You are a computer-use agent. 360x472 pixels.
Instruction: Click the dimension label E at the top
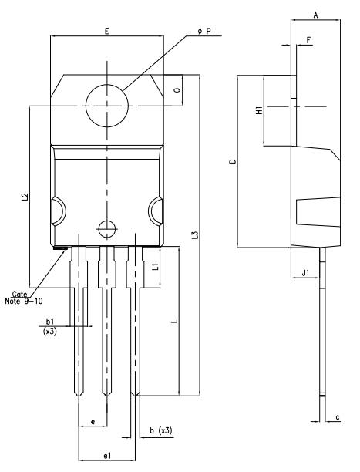coord(106,31)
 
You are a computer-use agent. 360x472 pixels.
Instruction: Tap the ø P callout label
coord(205,31)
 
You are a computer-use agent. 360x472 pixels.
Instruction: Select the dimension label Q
coord(177,90)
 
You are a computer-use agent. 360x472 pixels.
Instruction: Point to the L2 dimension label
coord(25,197)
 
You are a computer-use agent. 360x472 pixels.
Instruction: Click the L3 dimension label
coord(195,235)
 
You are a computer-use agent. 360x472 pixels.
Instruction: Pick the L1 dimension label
coord(155,266)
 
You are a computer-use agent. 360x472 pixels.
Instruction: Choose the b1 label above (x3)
coord(50,322)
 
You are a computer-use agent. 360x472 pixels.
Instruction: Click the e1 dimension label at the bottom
coord(107,456)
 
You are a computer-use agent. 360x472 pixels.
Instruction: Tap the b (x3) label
coord(161,431)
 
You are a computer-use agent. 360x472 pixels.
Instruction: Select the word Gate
coord(19,294)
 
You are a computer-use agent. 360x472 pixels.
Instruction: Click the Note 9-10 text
coord(24,301)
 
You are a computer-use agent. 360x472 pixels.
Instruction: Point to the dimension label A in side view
coord(315,15)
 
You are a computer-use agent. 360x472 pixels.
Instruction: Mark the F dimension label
coord(308,40)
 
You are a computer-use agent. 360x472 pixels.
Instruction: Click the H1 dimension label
coord(259,110)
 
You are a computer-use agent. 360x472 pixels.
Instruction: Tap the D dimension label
coord(233,161)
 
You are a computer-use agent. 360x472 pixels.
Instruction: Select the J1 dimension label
coord(305,273)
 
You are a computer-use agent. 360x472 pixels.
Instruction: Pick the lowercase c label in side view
coord(338,417)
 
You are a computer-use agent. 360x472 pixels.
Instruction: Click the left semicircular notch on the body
coord(65,211)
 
